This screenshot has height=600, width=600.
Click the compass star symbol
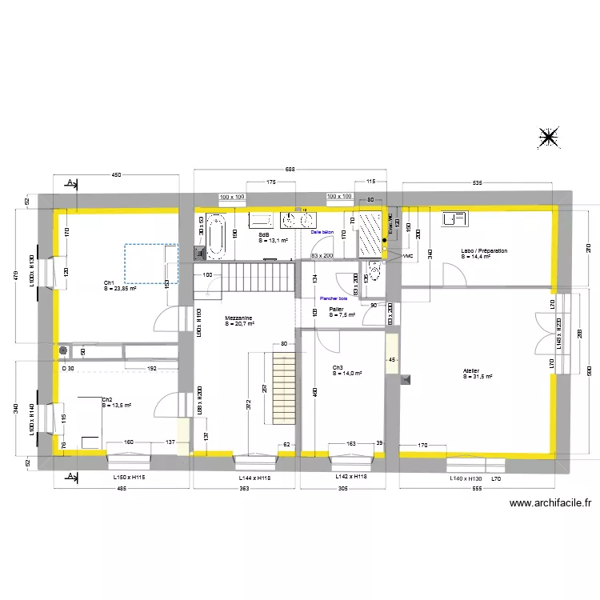[549, 138]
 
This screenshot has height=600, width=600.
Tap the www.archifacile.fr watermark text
[551, 503]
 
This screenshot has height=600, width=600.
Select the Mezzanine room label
[238, 318]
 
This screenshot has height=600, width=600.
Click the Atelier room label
[471, 371]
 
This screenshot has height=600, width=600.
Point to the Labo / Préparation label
[483, 251]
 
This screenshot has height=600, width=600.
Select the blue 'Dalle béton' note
[322, 230]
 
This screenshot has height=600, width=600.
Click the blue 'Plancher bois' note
[333, 298]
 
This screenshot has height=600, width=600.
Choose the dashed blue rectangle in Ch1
[150, 263]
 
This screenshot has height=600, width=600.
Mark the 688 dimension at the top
[290, 170]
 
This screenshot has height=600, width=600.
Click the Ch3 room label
[338, 368]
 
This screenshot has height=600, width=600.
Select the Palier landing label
[336, 309]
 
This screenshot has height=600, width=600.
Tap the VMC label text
[408, 257]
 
